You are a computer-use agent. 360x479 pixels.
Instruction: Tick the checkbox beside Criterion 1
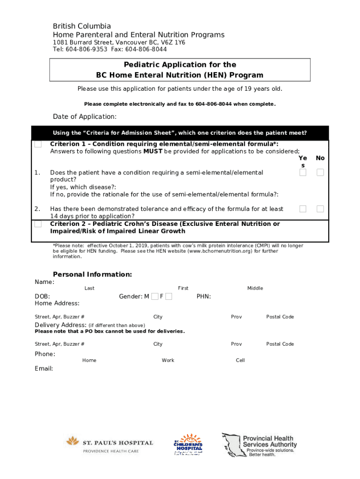38,144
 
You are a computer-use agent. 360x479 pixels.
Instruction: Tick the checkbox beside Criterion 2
38,224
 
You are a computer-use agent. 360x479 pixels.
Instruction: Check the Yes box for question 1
303,173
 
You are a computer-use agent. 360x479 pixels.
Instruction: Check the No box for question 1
320,173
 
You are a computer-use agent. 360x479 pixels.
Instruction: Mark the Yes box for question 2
303,209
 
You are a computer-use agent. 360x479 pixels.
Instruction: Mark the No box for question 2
320,209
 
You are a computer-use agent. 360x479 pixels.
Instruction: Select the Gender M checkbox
155,297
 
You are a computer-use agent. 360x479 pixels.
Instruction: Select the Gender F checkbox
169,297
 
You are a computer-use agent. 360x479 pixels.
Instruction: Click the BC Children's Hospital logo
188,445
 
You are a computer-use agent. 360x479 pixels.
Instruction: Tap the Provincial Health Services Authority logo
259,445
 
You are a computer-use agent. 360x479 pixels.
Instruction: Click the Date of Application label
85,116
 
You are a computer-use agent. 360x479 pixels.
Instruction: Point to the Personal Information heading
92,274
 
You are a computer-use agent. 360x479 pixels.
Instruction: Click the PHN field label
204,297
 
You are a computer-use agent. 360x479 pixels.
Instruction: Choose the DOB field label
43,297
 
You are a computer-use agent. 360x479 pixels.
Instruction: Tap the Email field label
44,369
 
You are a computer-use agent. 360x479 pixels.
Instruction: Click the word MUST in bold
152,151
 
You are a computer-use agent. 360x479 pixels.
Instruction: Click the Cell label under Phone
240,360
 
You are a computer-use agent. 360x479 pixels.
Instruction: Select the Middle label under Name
255,288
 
